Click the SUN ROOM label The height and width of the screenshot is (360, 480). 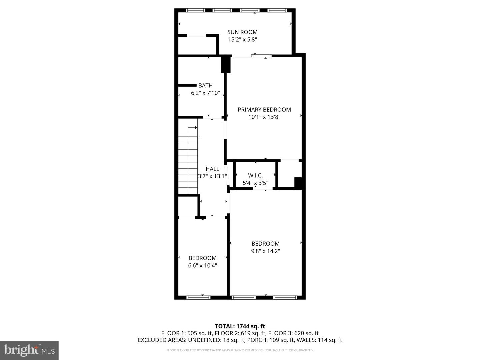pos(242,32)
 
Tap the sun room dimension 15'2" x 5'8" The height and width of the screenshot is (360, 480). pos(242,40)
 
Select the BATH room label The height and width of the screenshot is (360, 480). pos(205,86)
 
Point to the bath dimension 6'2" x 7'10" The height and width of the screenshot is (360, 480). pos(205,93)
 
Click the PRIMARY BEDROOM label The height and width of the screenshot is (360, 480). pos(264,110)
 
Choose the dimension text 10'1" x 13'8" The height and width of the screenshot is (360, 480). pos(264,117)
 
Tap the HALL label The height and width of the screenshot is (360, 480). pos(212,169)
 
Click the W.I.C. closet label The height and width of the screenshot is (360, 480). pos(255,176)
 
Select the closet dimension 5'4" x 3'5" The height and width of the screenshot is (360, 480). pos(255,183)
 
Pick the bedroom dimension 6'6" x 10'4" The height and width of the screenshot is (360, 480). pos(202,266)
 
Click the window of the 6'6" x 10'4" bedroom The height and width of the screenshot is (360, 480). pos(198,297)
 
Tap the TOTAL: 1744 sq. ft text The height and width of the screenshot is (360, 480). pos(240,326)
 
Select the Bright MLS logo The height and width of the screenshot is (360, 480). pos(29,350)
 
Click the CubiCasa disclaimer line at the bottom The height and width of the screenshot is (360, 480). pos(240,350)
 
